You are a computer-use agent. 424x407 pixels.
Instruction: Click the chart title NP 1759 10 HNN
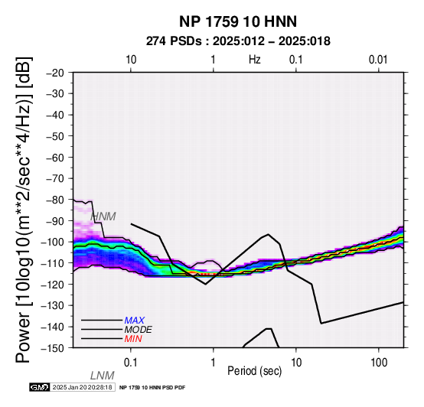click(238, 21)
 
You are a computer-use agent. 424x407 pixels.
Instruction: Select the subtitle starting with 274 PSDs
click(238, 41)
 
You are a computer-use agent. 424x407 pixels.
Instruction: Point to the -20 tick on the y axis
click(55, 73)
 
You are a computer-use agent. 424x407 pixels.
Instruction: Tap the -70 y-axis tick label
click(55, 179)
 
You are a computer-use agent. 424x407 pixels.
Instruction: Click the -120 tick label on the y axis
click(52, 285)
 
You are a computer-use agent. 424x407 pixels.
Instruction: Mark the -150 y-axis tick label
click(52, 348)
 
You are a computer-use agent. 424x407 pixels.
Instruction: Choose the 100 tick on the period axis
click(379, 363)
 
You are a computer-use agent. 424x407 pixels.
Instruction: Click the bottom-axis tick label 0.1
click(131, 363)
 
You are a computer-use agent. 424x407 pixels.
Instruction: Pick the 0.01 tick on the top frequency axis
click(378, 60)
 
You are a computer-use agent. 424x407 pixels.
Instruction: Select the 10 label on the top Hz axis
click(131, 60)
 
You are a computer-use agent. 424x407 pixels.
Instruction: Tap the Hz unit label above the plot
click(254, 60)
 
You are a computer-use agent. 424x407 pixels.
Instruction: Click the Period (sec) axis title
click(254, 371)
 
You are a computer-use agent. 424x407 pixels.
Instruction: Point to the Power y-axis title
click(24, 210)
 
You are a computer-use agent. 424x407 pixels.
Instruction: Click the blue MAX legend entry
click(134, 321)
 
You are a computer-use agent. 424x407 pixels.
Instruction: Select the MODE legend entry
click(139, 330)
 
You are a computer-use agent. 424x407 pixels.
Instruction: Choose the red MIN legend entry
click(133, 339)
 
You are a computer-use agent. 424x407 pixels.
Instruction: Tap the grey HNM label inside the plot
click(103, 217)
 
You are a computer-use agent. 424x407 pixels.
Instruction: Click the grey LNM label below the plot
click(103, 376)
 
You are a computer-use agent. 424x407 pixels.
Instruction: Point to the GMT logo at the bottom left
click(40, 387)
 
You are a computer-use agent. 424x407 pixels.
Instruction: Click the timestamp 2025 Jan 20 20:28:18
click(83, 387)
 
